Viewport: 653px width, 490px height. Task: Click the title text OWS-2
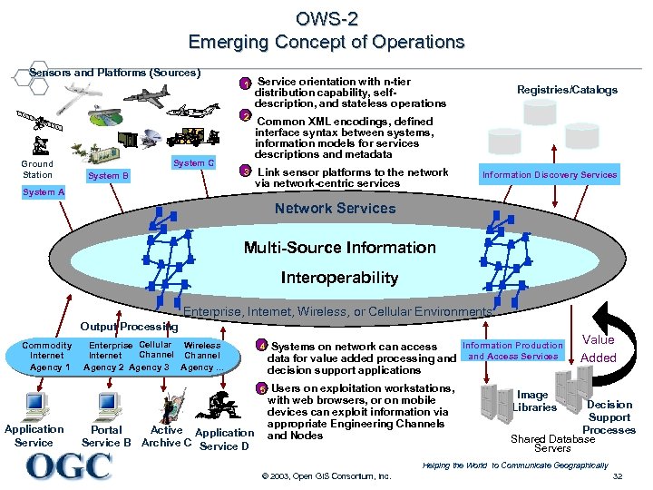326,18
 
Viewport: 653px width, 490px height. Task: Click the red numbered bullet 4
262,347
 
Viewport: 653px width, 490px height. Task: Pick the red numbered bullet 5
262,388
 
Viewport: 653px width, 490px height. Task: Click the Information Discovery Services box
549,175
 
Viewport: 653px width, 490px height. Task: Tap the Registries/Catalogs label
567,90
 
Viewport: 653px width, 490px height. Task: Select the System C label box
193,163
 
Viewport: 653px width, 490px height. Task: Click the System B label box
107,176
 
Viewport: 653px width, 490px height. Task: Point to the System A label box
44,192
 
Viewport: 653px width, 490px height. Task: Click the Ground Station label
37,170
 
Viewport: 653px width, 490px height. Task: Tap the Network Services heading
335,209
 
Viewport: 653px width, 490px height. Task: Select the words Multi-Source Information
339,248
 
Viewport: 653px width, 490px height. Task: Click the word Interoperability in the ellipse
339,278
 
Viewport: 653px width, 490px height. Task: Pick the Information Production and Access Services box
512,351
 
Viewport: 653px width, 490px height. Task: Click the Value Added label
598,349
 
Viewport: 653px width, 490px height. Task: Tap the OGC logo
69,466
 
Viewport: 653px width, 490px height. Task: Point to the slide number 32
617,476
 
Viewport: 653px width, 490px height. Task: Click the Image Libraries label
533,401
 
